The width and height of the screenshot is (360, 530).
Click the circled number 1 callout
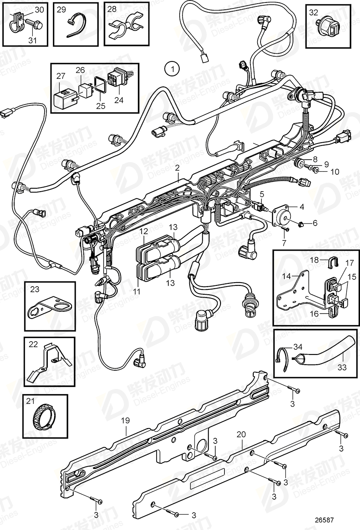pyautogui.click(x=172, y=69)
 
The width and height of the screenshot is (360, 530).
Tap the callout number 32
pyautogui.click(x=313, y=12)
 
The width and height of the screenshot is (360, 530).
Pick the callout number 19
pyautogui.click(x=125, y=420)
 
